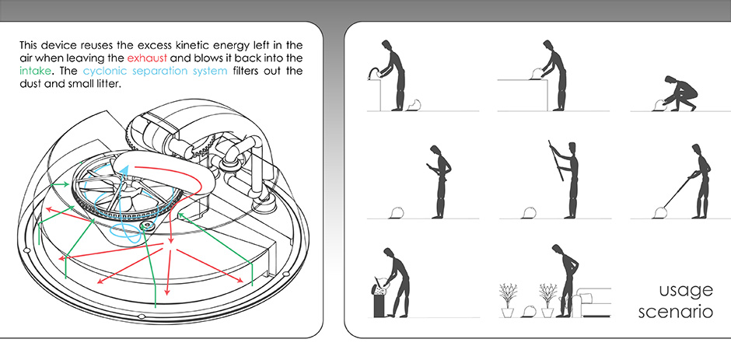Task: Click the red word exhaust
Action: click(x=147, y=59)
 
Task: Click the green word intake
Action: click(x=36, y=72)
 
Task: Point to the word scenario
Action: click(x=676, y=312)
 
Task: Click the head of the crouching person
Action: click(x=670, y=80)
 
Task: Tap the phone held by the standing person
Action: click(x=428, y=165)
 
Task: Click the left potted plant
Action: click(x=507, y=300)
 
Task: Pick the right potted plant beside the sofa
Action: click(x=547, y=300)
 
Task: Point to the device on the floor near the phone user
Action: click(x=396, y=213)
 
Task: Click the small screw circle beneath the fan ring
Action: click(x=149, y=225)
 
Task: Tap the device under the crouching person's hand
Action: click(x=658, y=106)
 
